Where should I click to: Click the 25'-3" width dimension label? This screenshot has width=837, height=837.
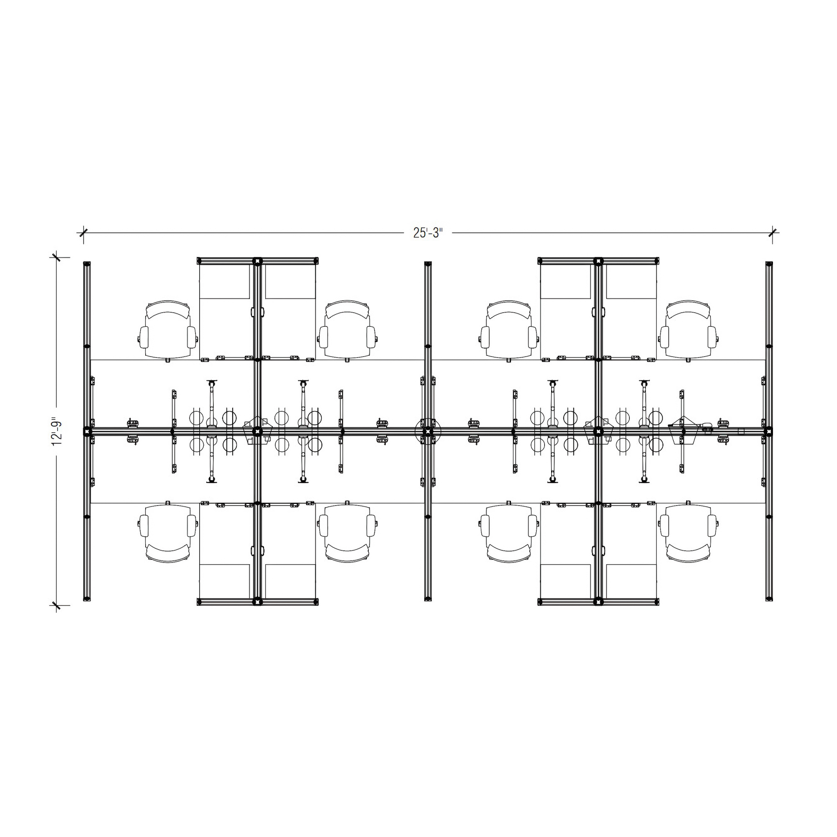pyautogui.click(x=428, y=233)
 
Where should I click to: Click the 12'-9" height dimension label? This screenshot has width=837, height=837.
pyautogui.click(x=57, y=431)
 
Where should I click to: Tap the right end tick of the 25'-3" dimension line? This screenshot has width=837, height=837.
pyautogui.click(x=772, y=233)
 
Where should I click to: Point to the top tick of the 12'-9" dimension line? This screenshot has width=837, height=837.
pyautogui.click(x=56, y=257)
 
